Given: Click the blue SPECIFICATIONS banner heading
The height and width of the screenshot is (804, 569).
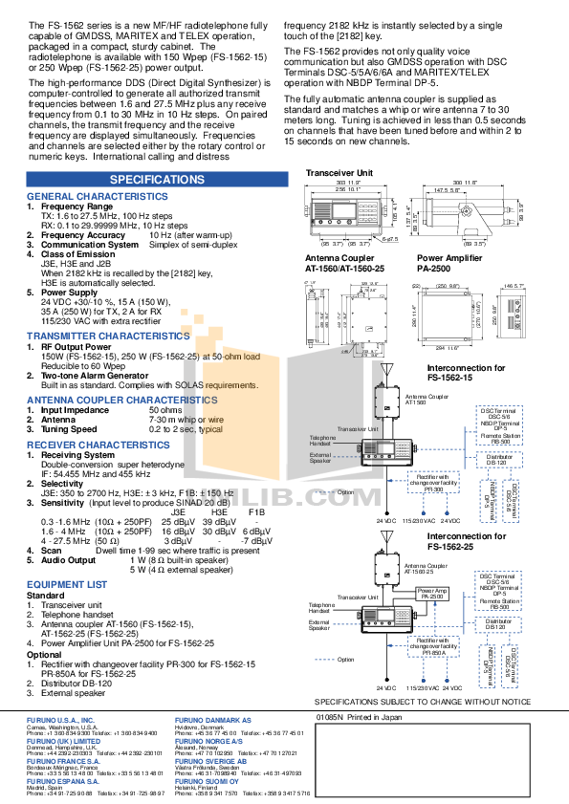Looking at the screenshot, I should click(x=157, y=180).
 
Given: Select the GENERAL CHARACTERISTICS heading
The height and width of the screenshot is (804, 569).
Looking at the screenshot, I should click(x=96, y=197).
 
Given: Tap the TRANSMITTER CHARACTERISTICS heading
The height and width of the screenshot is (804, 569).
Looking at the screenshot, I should click(x=107, y=337).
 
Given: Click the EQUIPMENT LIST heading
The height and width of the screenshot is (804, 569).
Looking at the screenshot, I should click(x=66, y=583).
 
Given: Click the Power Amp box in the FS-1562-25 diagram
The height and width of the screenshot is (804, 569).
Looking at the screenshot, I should click(x=432, y=593).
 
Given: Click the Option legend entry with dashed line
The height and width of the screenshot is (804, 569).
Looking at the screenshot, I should click(x=344, y=659).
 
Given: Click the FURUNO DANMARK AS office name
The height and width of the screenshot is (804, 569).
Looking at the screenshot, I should click(x=212, y=717).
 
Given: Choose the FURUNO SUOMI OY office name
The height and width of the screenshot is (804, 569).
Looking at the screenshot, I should click(x=209, y=780).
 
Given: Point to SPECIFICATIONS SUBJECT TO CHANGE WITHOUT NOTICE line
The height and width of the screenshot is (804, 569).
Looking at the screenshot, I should click(x=422, y=701).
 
